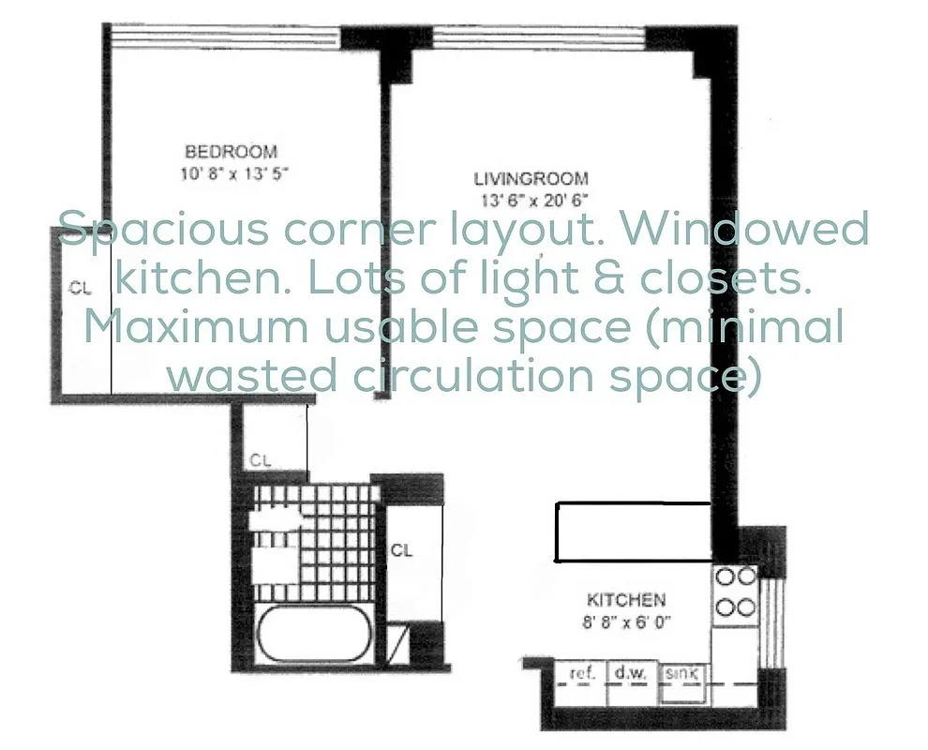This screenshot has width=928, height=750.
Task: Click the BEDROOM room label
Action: tap(231, 151)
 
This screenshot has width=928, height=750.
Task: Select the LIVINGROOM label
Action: tap(531, 178)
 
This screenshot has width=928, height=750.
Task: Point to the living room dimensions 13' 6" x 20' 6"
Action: tap(531, 199)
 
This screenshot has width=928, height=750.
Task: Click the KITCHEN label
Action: tap(626, 600)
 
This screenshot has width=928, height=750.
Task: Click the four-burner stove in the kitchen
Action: tap(736, 592)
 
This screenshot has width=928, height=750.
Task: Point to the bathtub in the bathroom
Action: tap(316, 637)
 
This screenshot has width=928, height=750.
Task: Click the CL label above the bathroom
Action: tap(261, 460)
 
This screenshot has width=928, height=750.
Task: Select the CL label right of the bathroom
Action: tap(401, 550)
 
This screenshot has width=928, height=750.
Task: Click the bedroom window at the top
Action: tap(223, 37)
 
